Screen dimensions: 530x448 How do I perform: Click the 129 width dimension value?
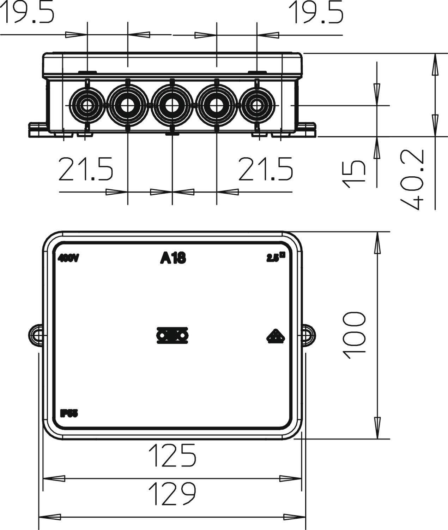tap(172, 494)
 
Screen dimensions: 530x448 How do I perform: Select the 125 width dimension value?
tap(172, 455)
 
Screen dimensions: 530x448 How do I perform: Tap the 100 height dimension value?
tap(354, 335)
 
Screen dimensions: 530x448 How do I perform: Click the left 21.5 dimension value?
tap(86, 169)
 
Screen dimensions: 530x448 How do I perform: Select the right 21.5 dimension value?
tap(266, 169)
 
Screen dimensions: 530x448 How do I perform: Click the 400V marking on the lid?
tap(68, 259)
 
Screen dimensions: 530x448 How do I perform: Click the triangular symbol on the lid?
tap(276, 337)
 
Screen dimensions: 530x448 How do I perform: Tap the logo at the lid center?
tap(172, 335)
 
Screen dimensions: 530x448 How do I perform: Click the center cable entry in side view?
tap(172, 105)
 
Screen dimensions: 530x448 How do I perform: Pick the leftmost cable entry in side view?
tap(86, 105)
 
